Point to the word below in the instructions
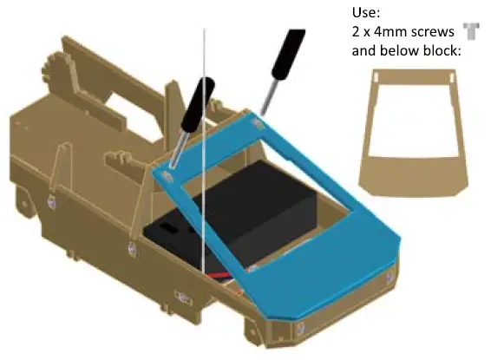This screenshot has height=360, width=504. click(x=398, y=50)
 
